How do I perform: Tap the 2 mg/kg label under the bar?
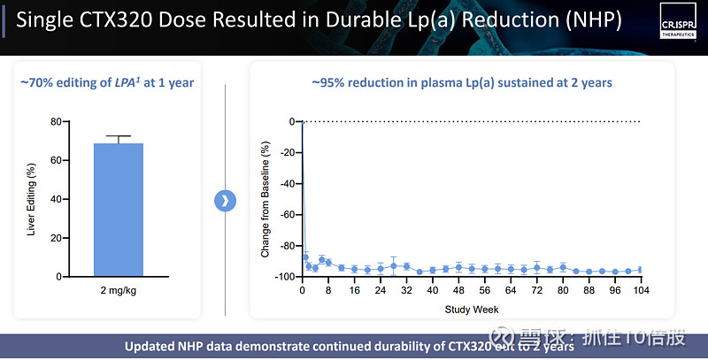118,289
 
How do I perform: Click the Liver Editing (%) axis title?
32,199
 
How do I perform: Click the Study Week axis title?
471,310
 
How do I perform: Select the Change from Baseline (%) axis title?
265,199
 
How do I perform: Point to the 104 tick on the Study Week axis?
640,290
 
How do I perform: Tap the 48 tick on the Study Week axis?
458,290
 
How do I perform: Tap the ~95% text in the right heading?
327,82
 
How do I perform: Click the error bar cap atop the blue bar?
118,136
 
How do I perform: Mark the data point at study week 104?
640,271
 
